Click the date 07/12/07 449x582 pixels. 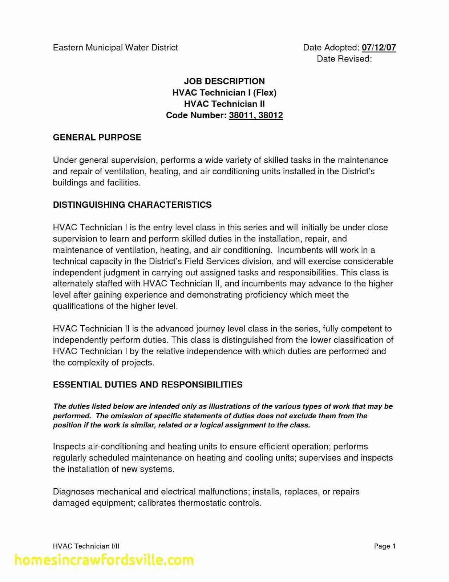379,48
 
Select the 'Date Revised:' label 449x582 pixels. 344,59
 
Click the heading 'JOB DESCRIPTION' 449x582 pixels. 224,81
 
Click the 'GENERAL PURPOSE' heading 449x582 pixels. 97,137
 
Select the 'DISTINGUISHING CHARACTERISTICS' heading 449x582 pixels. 132,205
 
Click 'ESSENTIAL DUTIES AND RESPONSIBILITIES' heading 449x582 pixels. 147,385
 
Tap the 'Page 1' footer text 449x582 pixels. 385,546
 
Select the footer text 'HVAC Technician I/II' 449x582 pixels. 86,546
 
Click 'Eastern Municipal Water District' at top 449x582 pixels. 116,48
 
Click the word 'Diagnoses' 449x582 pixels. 73,492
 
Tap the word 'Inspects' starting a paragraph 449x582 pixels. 69,447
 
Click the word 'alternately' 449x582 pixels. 73,284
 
